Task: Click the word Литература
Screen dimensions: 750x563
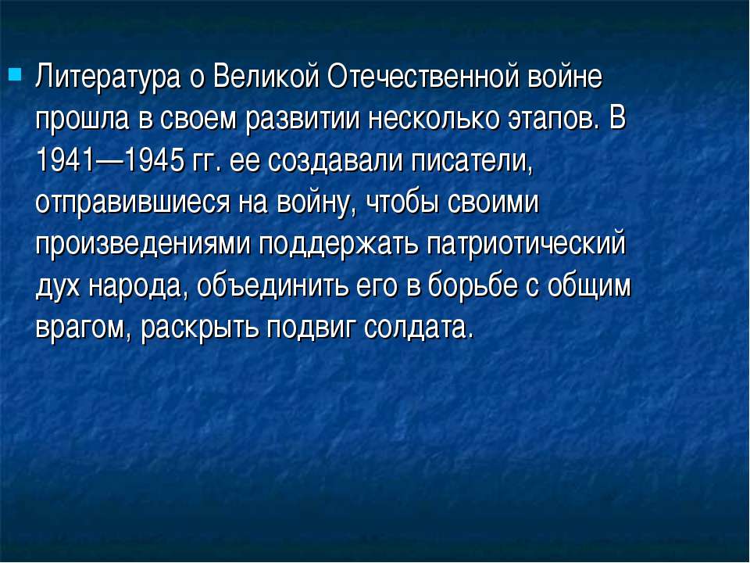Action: tap(108, 77)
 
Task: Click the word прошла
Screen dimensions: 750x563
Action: tap(82, 120)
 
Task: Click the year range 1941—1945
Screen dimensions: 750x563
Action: tap(110, 160)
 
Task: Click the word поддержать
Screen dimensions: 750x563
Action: tap(339, 245)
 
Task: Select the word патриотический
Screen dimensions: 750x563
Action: tap(527, 245)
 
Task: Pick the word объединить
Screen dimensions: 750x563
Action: tap(272, 287)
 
